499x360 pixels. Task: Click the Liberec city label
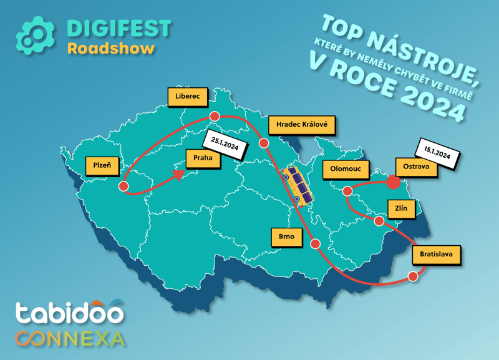pos(188,97)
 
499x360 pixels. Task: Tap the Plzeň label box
pos(102,165)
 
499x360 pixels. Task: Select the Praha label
pos(203,158)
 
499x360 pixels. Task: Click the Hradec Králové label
pos(302,125)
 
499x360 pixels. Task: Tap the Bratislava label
pos(436,255)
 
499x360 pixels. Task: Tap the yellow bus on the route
pos(296,185)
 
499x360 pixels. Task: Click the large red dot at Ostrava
pos(394,182)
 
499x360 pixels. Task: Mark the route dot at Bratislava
pos(412,276)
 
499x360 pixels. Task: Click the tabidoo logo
pos(69,312)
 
